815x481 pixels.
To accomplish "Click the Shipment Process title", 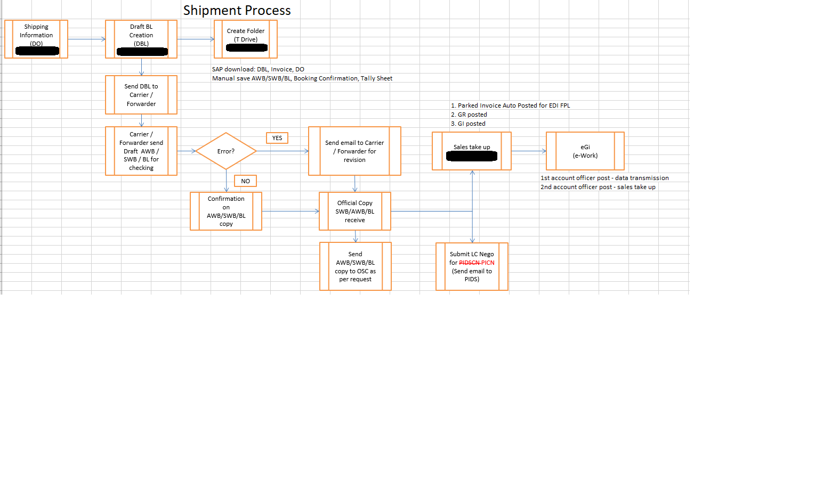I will tap(237, 11).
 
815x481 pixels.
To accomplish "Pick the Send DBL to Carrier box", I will tap(141, 95).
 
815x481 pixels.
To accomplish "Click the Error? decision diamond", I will tap(226, 151).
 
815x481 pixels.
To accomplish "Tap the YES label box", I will tap(277, 138).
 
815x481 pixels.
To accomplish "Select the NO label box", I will tap(245, 181).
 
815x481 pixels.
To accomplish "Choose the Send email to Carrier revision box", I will tap(354, 151).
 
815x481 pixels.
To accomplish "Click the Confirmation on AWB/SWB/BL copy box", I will tap(226, 211).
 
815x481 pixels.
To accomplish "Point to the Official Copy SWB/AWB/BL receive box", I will tap(355, 211).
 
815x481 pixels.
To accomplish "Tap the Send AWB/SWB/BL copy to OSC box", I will tap(356, 266).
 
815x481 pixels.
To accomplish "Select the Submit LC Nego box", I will tap(472, 266).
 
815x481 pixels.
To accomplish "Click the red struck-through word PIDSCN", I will tap(469, 263).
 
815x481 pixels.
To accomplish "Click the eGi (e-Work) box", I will tap(585, 151).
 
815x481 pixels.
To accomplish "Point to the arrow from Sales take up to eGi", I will tap(529, 151).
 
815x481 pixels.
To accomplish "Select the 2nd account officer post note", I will tap(598, 187).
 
